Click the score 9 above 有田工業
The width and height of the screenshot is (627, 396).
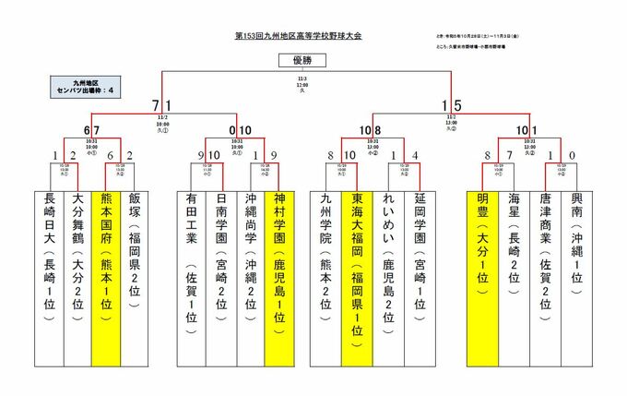click(x=201, y=155)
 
